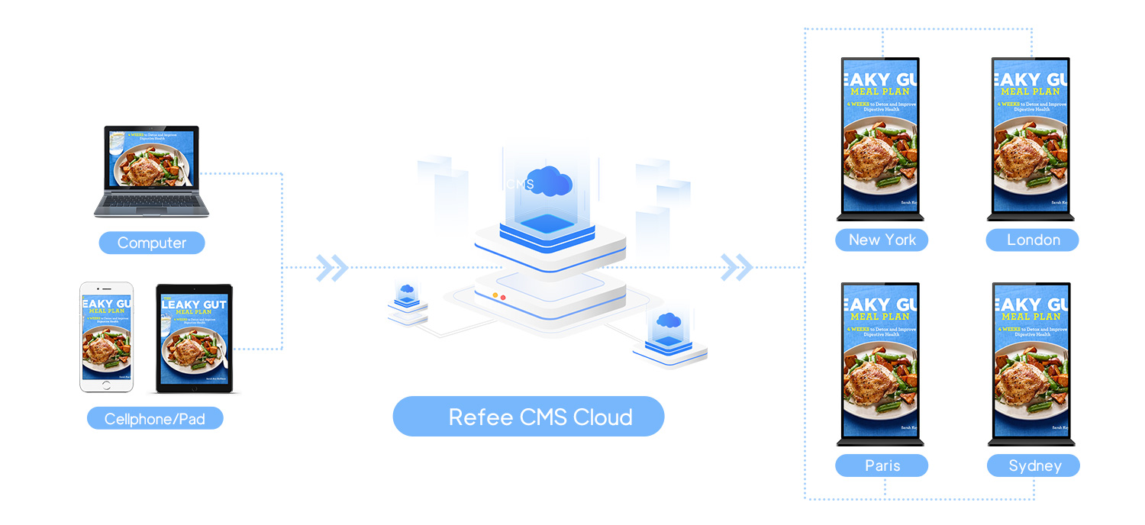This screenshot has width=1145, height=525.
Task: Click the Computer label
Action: click(152, 243)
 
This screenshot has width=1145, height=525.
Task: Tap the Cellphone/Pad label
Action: click(155, 418)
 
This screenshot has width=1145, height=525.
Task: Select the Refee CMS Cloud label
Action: click(528, 417)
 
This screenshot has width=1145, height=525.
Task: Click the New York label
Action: click(882, 240)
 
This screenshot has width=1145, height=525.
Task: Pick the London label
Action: click(1033, 240)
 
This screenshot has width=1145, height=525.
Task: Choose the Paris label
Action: click(882, 465)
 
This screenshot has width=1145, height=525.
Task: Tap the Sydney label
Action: click(1034, 465)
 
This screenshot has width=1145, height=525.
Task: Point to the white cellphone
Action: click(107, 337)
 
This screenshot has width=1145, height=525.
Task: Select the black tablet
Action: click(194, 338)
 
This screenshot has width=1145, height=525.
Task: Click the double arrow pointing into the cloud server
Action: click(332, 268)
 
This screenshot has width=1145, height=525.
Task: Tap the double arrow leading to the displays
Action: click(737, 267)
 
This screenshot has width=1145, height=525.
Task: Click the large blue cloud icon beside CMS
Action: click(551, 181)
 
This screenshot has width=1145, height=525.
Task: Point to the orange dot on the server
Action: click(495, 295)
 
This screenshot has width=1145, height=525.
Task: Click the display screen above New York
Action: click(881, 137)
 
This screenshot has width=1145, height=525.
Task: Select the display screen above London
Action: click(1030, 137)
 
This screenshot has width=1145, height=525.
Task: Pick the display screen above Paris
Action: click(881, 362)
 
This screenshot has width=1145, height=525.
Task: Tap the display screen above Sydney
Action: click(1030, 362)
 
